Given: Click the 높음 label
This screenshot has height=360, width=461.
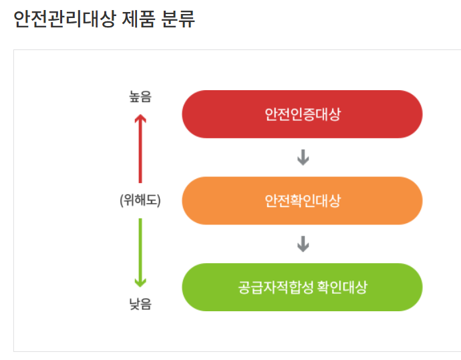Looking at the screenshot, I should [140, 98].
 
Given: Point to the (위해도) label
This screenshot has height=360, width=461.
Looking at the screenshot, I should [140, 200].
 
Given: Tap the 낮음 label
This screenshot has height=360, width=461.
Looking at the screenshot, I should [140, 305].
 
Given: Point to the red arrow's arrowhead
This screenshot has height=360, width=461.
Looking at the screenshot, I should [140, 118].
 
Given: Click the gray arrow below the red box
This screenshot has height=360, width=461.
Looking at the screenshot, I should [303, 158].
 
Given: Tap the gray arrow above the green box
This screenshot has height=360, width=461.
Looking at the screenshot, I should [303, 244].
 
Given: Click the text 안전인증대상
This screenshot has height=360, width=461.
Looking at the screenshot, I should [302, 114].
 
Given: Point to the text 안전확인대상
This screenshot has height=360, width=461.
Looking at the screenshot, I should [302, 200].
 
